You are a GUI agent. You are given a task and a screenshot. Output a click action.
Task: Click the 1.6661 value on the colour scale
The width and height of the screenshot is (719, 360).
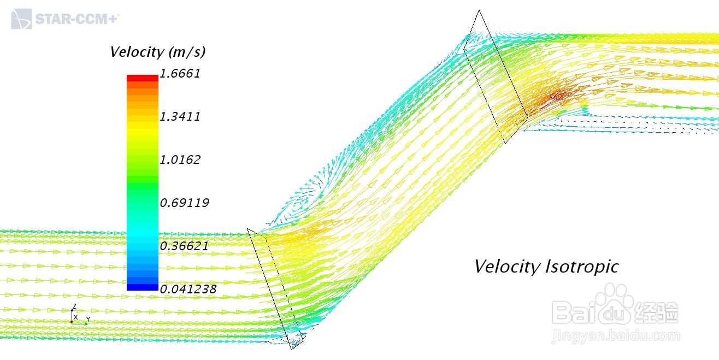(x=180, y=74)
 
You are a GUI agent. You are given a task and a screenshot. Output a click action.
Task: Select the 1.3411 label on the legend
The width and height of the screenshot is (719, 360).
(x=180, y=116)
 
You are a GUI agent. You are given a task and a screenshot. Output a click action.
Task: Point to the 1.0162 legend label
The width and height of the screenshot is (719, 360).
(x=180, y=160)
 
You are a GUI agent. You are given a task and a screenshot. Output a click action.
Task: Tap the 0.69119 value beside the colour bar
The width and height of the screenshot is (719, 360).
(x=185, y=203)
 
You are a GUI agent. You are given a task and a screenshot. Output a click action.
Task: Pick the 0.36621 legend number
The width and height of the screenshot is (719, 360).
(x=184, y=246)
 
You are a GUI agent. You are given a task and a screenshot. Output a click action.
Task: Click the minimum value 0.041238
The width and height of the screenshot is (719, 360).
(x=188, y=289)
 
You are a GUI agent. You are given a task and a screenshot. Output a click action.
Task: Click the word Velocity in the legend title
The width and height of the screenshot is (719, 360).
(x=137, y=52)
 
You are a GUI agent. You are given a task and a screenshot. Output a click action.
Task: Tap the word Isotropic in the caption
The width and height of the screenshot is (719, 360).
(x=582, y=266)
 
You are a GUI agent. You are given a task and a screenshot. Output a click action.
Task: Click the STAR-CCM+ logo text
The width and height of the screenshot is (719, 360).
(x=77, y=19)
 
